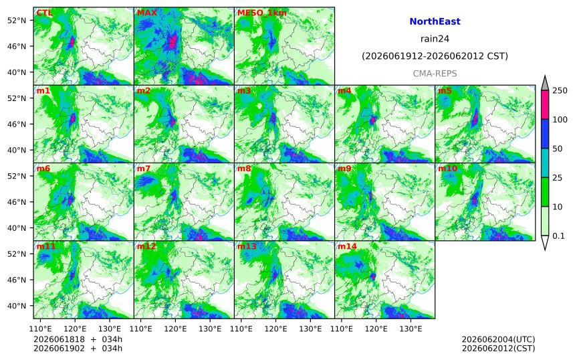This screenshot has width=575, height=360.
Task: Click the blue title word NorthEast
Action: click(x=435, y=21)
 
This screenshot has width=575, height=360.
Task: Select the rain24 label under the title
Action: click(x=435, y=39)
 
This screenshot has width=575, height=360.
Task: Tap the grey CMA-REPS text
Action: click(x=435, y=74)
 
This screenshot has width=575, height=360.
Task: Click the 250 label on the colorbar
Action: click(x=560, y=90)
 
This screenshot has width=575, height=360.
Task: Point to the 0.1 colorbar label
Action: click(x=558, y=236)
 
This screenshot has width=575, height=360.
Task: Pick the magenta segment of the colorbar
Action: click(x=545, y=104)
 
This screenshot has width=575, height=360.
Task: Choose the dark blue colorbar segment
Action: click(x=545, y=134)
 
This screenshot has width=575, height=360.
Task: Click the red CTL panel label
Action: click(x=44, y=13)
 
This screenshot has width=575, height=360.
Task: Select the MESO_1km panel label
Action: click(x=262, y=13)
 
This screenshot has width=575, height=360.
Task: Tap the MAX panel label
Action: click(x=146, y=13)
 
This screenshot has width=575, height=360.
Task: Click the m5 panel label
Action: click(x=445, y=90)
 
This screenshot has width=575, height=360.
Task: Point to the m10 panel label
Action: click(x=448, y=169)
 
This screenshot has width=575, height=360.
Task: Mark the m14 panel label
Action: click(x=347, y=246)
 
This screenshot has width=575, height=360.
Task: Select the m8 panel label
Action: click(x=244, y=169)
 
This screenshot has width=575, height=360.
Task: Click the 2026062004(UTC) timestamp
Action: click(x=498, y=339)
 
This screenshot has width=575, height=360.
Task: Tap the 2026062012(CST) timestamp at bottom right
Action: click(x=498, y=348)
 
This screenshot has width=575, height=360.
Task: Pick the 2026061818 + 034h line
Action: click(x=78, y=339)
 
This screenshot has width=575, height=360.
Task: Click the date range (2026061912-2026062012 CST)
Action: click(x=435, y=56)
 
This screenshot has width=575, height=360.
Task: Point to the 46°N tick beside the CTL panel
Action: click(x=17, y=46)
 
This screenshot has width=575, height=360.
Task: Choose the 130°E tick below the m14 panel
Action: click(x=411, y=329)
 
